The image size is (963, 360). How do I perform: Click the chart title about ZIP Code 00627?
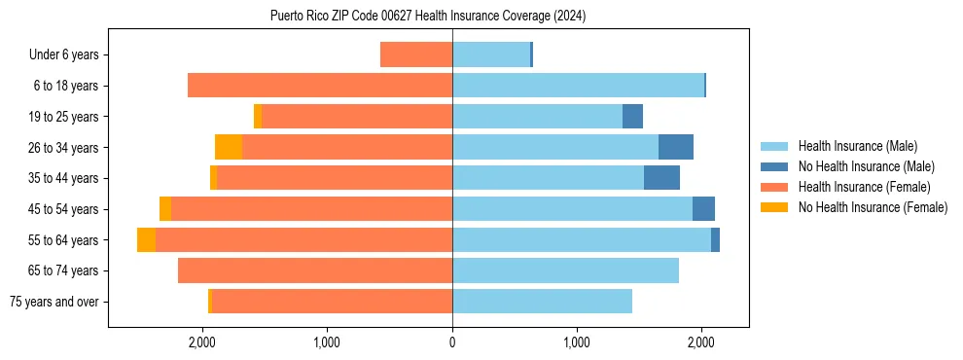[428, 16]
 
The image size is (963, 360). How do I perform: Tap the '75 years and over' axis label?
[54, 302]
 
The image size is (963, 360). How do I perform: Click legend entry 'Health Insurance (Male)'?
[857, 146]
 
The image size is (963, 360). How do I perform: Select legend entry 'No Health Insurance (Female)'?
[873, 207]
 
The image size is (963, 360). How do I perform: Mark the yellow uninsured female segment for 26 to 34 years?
[229, 148]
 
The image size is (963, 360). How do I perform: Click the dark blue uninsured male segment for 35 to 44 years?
[661, 178]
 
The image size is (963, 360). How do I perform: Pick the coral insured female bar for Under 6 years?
[416, 55]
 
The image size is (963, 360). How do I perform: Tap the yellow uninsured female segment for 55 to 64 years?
[146, 240]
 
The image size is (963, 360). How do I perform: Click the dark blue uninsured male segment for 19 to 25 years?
[632, 117]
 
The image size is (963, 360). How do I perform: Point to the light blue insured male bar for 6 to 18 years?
[578, 86]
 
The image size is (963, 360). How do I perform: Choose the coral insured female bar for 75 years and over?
[332, 302]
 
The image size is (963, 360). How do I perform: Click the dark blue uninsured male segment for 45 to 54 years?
[703, 209]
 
